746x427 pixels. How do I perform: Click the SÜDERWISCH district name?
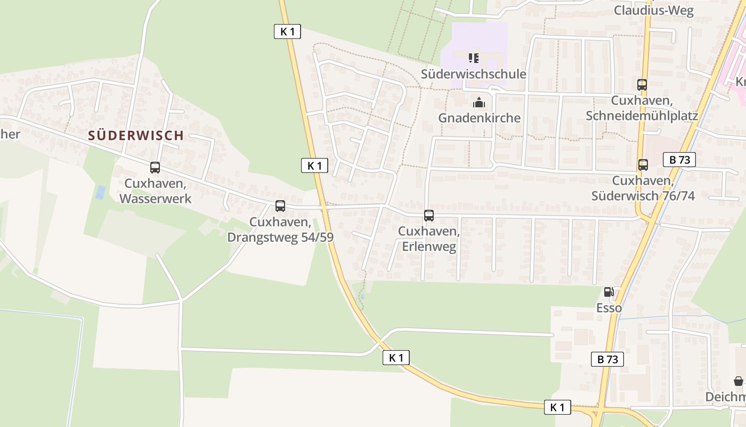[136, 136]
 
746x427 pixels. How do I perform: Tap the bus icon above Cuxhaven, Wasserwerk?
[155, 168]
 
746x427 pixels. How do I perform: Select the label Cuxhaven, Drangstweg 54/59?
[280, 230]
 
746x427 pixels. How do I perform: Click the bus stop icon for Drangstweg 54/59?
[280, 206]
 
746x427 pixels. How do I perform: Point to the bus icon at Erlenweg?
[429, 216]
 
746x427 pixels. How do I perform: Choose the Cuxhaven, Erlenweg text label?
[429, 239]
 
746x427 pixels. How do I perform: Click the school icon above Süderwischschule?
[474, 58]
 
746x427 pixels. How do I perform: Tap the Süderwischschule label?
[474, 74]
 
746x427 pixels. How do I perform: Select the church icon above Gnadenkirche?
[479, 102]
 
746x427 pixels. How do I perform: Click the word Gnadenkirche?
[479, 118]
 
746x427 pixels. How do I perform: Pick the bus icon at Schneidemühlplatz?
[642, 84]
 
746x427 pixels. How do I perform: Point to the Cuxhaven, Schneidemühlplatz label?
[642, 108]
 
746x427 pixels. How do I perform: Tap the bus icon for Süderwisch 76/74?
[643, 165]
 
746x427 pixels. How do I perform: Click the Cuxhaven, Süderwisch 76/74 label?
[643, 188]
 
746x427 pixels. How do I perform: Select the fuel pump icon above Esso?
[609, 292]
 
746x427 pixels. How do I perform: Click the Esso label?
[609, 309]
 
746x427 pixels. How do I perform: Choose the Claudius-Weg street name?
[654, 11]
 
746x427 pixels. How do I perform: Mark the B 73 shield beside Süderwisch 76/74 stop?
[679, 160]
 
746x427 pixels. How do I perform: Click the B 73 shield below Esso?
[607, 359]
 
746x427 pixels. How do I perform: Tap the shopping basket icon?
[739, 381]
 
